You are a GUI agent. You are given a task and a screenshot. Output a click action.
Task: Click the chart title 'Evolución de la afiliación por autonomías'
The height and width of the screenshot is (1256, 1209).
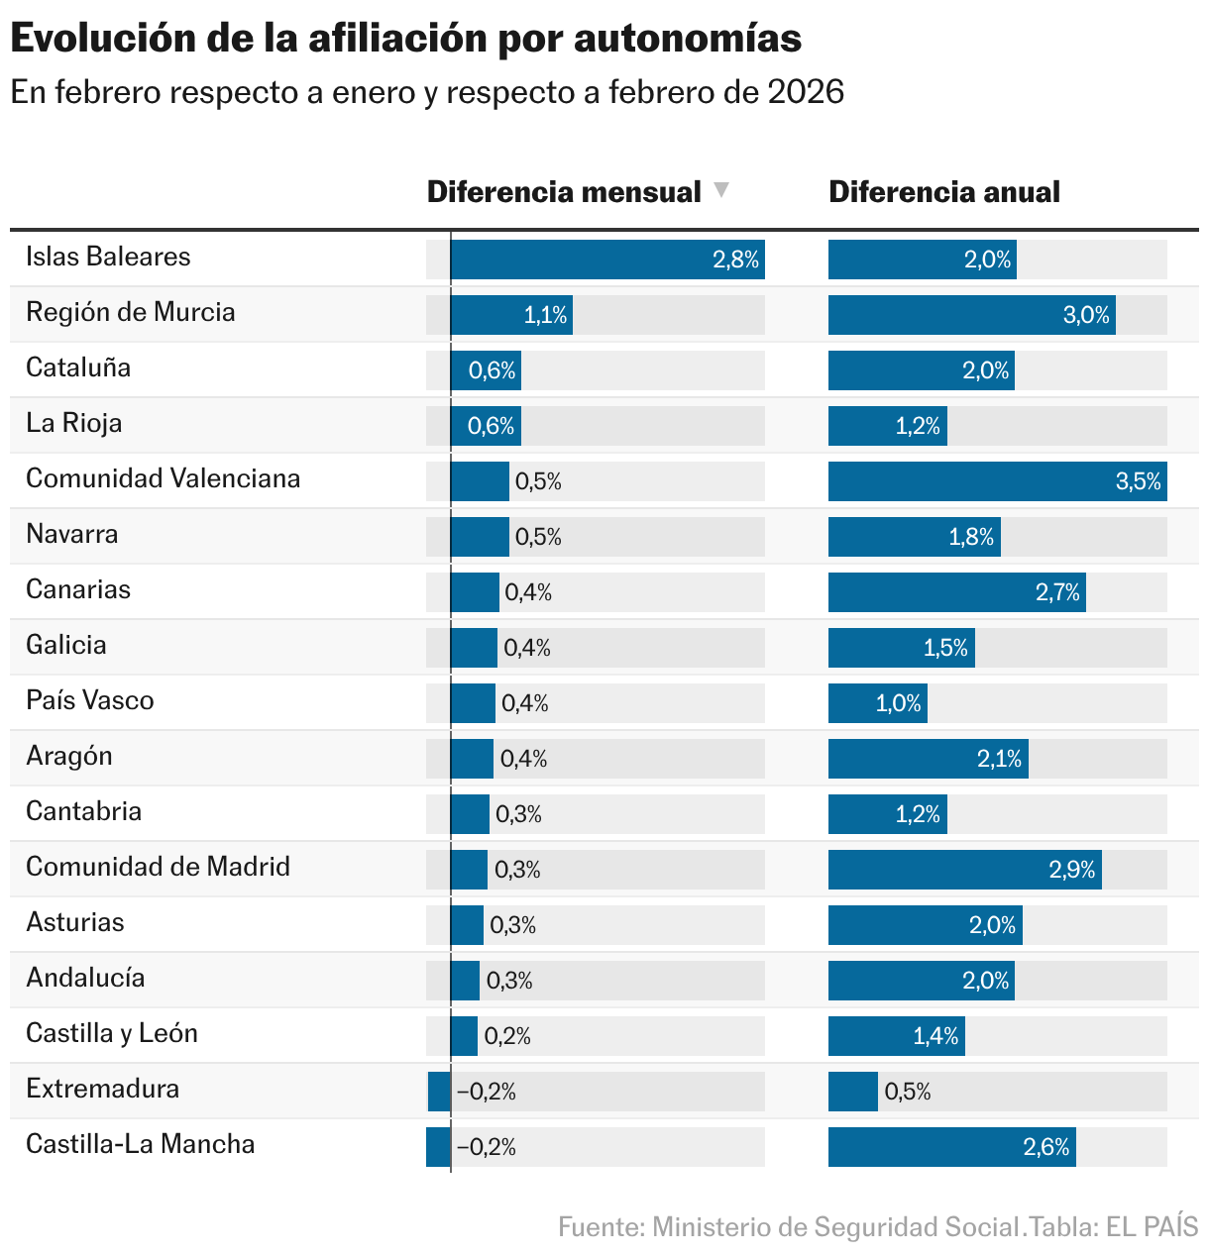[x=405, y=38]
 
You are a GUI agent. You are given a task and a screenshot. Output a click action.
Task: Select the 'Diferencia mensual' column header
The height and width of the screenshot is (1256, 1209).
[x=563, y=192]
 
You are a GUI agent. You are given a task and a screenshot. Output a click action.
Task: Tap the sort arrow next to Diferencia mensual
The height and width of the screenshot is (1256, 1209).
[x=721, y=190]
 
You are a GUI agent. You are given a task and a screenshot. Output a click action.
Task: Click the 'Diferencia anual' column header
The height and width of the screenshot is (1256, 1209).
[x=943, y=192]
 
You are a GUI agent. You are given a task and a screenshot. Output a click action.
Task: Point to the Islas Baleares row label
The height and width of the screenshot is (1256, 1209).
[x=108, y=257]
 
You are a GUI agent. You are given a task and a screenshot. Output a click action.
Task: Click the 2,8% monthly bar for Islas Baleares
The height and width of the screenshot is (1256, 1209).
[x=606, y=260]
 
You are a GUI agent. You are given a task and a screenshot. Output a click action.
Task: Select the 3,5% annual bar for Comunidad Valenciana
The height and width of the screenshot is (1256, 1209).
[x=997, y=481]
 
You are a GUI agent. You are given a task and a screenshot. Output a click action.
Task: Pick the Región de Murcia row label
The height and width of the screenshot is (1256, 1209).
[x=131, y=312]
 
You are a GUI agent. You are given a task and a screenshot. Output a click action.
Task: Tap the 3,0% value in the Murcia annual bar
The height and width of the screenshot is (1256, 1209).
[x=1086, y=315]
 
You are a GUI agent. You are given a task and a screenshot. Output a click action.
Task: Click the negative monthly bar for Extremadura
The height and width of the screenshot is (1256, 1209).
[x=439, y=1092]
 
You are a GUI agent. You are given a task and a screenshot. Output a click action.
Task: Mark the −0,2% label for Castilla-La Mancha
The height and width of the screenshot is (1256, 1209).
[x=487, y=1147]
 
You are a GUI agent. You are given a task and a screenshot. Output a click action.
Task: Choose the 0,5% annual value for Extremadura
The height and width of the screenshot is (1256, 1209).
[x=908, y=1092]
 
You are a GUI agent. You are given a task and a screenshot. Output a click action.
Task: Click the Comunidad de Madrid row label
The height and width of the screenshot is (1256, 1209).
[x=158, y=867]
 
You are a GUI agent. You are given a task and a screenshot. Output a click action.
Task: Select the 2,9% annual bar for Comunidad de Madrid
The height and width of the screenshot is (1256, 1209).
[x=964, y=870]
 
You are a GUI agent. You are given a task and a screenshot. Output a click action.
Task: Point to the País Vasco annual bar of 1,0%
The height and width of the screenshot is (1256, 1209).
[x=877, y=703]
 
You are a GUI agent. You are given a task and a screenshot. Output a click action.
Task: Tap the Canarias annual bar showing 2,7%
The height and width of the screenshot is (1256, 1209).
[x=956, y=592]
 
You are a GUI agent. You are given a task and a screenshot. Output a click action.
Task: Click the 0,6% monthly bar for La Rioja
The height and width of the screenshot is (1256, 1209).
[x=486, y=426]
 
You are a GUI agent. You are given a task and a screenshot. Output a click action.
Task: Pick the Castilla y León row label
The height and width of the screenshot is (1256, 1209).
[x=112, y=1033]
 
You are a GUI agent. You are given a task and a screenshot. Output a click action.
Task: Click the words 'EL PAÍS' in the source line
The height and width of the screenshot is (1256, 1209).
[x=1153, y=1227]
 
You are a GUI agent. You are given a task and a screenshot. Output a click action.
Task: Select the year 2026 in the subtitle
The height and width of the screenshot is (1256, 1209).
[x=806, y=92]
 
